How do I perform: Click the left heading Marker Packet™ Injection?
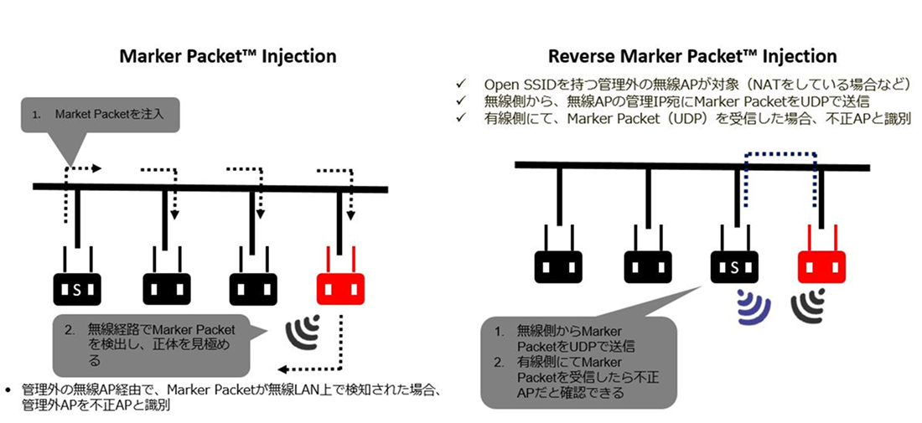tap(228, 56)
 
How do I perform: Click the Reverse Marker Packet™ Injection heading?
tap(692, 56)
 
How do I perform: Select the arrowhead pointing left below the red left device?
tap(283, 369)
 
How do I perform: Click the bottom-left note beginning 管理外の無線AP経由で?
tap(224, 397)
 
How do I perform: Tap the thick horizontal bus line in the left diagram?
tap(210, 188)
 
